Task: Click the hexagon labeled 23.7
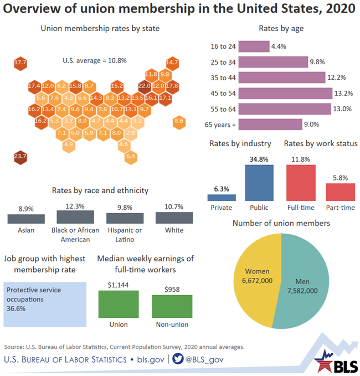pos(20,157)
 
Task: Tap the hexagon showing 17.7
pos(20,63)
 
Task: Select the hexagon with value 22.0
pos(144,86)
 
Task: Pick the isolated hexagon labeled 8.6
pos(179,120)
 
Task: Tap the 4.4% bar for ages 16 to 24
pos(255,47)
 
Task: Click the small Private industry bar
pos(222,197)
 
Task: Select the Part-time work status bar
pos(340,192)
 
